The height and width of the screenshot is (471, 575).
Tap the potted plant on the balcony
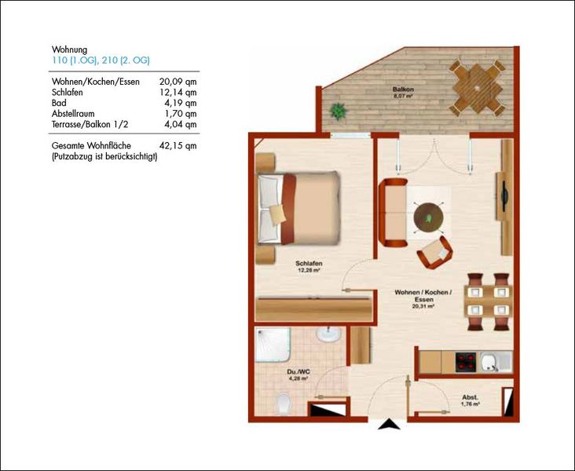tap(339, 111)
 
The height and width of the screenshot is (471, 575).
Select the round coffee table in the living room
tap(428, 217)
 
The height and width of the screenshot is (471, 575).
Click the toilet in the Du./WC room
tap(284, 403)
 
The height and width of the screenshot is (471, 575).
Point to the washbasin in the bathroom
tap(328, 334)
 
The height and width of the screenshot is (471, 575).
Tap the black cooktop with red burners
tap(466, 362)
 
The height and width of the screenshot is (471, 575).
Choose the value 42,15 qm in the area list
tap(178, 146)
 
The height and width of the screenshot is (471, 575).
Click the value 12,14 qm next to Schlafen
tap(178, 93)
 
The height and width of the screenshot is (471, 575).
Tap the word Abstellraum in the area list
tap(73, 114)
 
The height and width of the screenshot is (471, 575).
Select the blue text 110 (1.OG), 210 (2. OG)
tap(101, 60)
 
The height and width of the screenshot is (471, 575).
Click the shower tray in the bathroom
tap(273, 345)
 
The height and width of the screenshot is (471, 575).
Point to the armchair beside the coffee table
tap(435, 253)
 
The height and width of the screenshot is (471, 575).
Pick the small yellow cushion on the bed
tap(277, 214)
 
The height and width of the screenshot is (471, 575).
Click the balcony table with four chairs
tap(478, 88)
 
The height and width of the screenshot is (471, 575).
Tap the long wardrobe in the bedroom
tap(313, 310)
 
